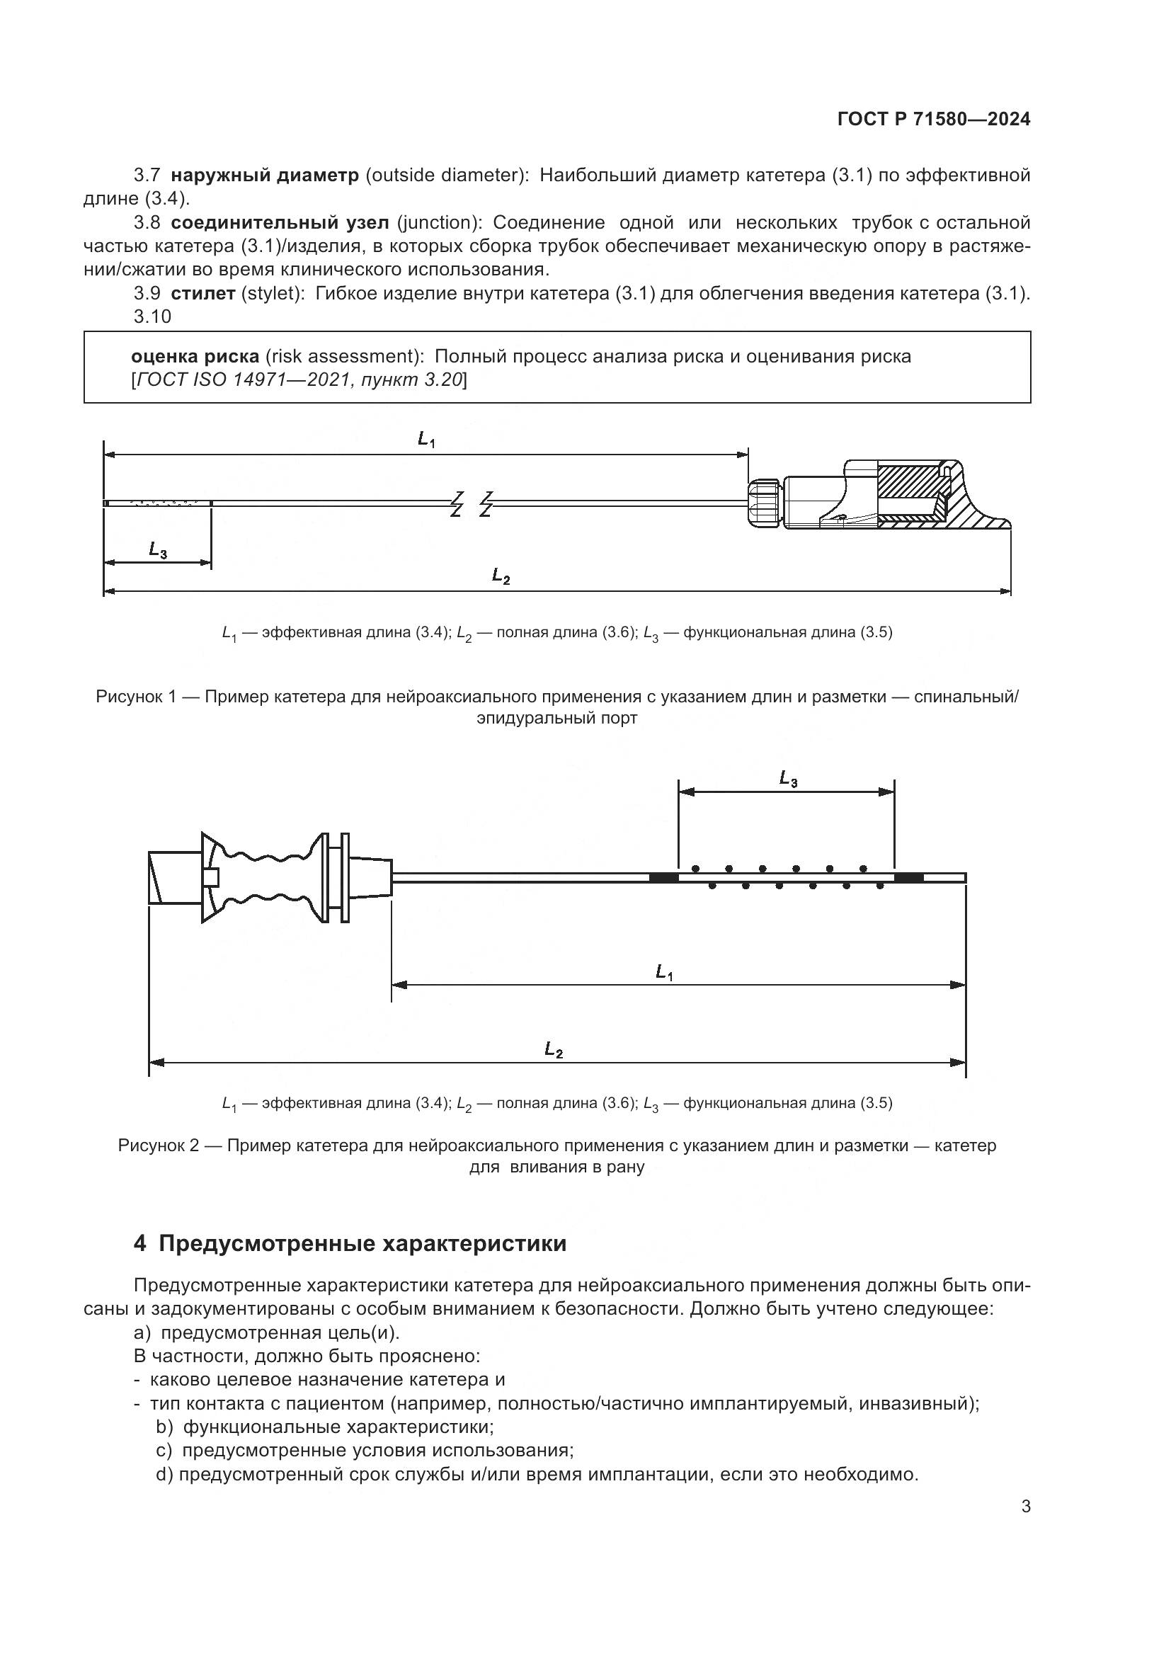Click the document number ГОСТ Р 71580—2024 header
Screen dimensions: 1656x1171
[x=933, y=120]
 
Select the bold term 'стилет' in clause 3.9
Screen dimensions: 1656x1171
[x=202, y=294]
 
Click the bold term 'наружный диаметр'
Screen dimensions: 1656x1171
[x=265, y=176]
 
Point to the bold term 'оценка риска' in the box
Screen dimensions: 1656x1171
[x=195, y=356]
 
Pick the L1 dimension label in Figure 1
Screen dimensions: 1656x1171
[x=426, y=439]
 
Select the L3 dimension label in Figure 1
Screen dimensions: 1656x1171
[x=158, y=550]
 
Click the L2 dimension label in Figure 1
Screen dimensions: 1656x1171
[x=501, y=576]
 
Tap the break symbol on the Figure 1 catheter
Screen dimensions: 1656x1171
[x=471, y=503]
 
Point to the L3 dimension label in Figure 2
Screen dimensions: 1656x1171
[x=788, y=779]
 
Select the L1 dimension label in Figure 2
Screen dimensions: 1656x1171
[x=664, y=973]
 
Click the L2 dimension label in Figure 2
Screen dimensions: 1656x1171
[x=553, y=1050]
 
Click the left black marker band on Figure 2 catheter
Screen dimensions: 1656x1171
[x=663, y=877]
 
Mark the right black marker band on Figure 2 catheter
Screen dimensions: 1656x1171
[x=908, y=877]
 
